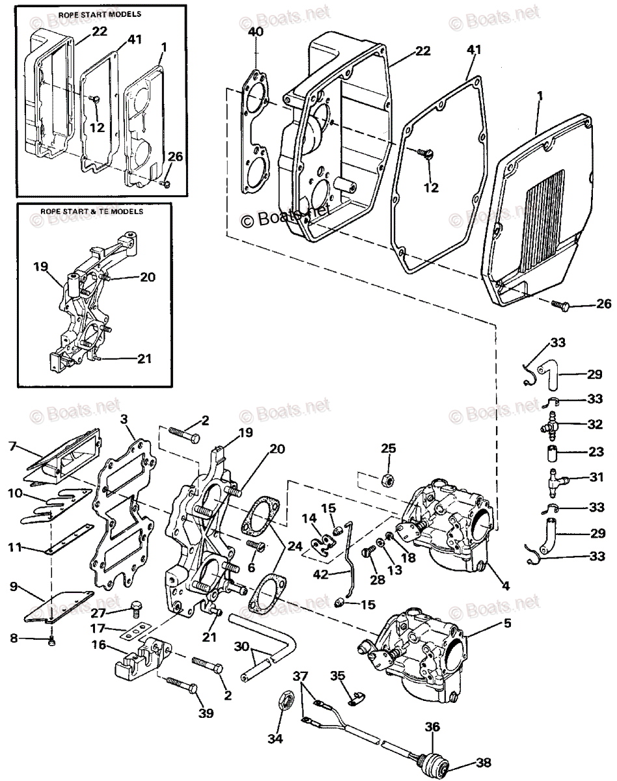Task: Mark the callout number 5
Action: click(508, 623)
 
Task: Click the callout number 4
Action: click(506, 586)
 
